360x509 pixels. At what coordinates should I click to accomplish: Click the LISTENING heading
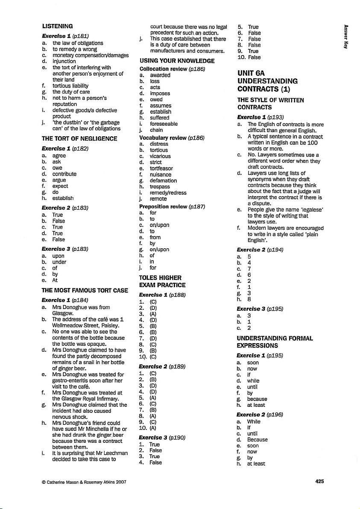[x=60, y=26]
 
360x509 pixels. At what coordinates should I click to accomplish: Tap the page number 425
[x=319, y=481]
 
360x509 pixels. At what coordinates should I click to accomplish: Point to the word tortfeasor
[x=162, y=168]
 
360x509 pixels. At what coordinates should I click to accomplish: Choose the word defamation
[x=163, y=181]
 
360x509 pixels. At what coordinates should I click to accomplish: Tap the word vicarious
[x=160, y=156]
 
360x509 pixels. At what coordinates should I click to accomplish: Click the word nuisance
[x=161, y=174]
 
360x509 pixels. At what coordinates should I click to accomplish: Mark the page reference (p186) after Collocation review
[x=197, y=69]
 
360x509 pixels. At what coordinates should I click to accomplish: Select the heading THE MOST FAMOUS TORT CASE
[x=85, y=291]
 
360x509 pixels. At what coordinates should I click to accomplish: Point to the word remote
[x=158, y=199]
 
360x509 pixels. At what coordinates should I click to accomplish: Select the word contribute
[x=64, y=174]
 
